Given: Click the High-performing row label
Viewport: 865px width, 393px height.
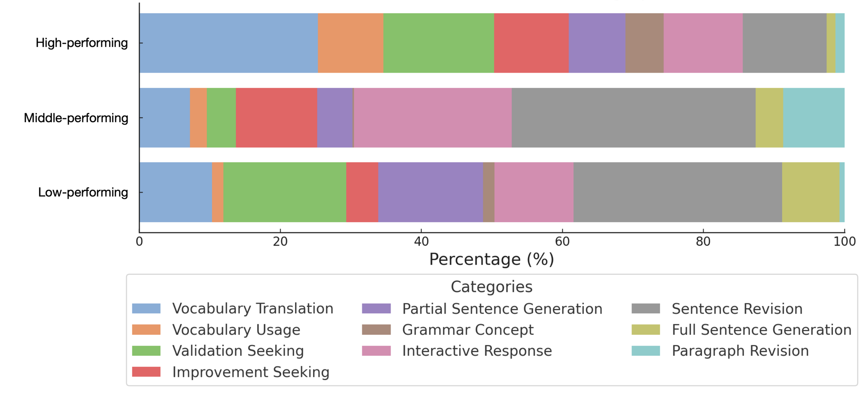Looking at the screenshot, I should tap(82, 43).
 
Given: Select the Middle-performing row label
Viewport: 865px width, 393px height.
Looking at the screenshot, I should tap(76, 118).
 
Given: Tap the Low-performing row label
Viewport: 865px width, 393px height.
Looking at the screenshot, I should tap(83, 192).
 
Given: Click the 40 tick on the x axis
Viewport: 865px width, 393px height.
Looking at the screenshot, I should tap(421, 242).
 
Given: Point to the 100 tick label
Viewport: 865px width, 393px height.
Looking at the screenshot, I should tap(844, 242).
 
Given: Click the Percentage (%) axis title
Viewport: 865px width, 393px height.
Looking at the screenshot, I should tap(491, 260).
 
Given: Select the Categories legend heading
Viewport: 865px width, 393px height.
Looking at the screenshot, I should tap(491, 287).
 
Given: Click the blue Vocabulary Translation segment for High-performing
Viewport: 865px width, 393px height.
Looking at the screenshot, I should tap(228, 43).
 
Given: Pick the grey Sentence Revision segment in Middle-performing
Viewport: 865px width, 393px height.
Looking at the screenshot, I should tap(633, 118).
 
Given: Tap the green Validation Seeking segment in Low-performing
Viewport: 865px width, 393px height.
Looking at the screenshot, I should tap(284, 192).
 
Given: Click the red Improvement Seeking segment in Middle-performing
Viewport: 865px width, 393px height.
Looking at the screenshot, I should tap(276, 118).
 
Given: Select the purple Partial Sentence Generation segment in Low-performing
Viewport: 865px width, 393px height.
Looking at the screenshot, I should tap(430, 192).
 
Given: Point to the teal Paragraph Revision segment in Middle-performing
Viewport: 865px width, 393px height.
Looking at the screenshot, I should tap(813, 118).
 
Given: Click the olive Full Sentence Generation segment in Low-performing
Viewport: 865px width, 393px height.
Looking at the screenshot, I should tap(810, 192).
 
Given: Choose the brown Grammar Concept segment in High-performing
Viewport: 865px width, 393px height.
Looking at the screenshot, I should tap(644, 43).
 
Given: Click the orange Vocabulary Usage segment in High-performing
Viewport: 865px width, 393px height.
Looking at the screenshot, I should tap(351, 43).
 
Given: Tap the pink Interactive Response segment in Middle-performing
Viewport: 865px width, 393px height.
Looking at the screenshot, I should tap(432, 118).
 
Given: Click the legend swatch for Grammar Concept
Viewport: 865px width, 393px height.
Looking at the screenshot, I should tap(376, 330).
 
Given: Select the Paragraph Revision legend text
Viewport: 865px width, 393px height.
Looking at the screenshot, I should tap(740, 351).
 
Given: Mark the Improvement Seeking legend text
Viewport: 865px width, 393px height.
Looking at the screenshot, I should tap(250, 372).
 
